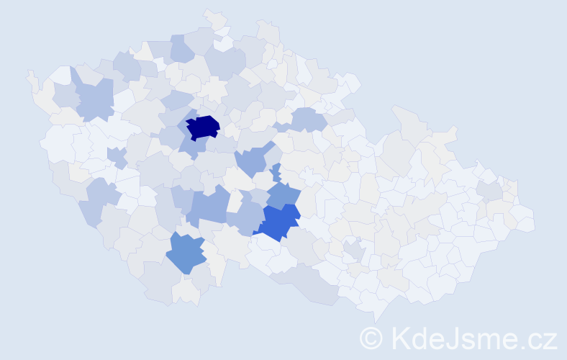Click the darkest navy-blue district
click(x=203, y=127)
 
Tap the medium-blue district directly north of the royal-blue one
click(x=283, y=194)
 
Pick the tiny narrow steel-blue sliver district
click(x=276, y=173)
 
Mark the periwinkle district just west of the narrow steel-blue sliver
click(x=250, y=160)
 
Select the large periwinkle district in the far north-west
click(x=94, y=99)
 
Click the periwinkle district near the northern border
click(x=181, y=49)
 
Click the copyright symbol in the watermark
click(x=371, y=338)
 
